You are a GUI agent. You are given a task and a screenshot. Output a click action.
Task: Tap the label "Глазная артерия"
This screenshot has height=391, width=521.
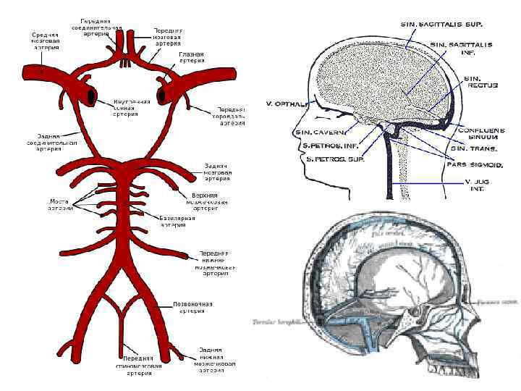tap(191, 58)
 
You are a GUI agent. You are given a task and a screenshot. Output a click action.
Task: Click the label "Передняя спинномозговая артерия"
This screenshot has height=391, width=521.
tap(137, 366)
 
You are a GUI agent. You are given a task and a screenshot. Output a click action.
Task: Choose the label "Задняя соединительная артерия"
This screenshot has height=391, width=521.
tap(59, 142)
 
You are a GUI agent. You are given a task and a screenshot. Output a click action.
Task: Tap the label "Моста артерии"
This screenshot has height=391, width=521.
tap(61, 204)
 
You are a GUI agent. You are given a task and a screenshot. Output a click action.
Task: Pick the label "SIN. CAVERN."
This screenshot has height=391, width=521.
tap(320, 133)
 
